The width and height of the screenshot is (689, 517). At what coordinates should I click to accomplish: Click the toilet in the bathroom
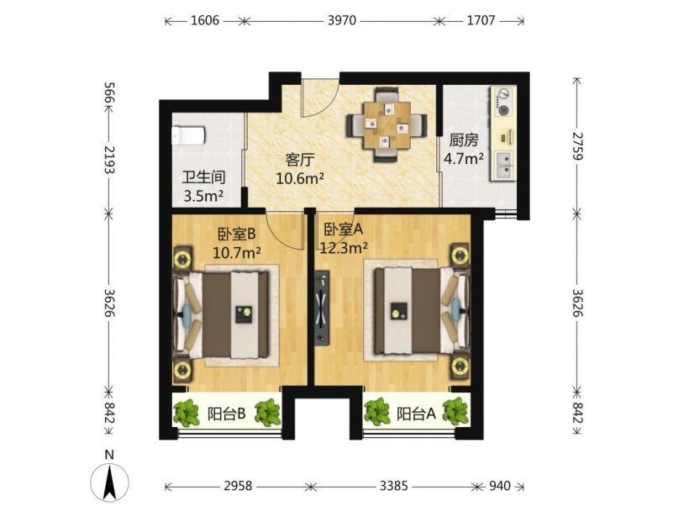(x=187, y=136)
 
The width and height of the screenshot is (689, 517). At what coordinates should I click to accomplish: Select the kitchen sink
(x=503, y=166)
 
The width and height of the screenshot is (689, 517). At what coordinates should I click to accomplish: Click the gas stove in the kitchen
(x=503, y=102)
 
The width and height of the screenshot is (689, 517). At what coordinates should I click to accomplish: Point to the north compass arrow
(x=109, y=482)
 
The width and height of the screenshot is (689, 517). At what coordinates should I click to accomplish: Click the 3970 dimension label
(x=342, y=20)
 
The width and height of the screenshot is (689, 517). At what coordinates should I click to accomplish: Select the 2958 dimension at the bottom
(x=238, y=486)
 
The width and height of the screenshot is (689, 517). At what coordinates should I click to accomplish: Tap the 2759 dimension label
(x=577, y=146)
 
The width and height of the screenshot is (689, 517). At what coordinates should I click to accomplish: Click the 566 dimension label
(x=109, y=93)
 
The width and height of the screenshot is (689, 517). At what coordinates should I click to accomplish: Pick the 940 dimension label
(x=500, y=486)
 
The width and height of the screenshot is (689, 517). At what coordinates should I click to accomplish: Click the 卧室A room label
(x=343, y=229)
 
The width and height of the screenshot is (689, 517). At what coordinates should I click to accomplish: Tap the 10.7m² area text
(x=237, y=252)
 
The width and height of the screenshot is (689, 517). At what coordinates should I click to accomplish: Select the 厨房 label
(x=464, y=140)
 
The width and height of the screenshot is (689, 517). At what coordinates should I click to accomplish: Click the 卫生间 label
(x=203, y=177)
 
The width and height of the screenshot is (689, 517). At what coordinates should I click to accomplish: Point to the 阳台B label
(x=226, y=414)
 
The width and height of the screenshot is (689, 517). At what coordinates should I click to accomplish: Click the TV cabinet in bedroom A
(x=322, y=308)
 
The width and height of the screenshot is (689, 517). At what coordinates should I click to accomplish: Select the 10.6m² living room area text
(x=300, y=178)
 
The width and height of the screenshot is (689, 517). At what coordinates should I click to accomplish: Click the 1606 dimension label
(x=205, y=20)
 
